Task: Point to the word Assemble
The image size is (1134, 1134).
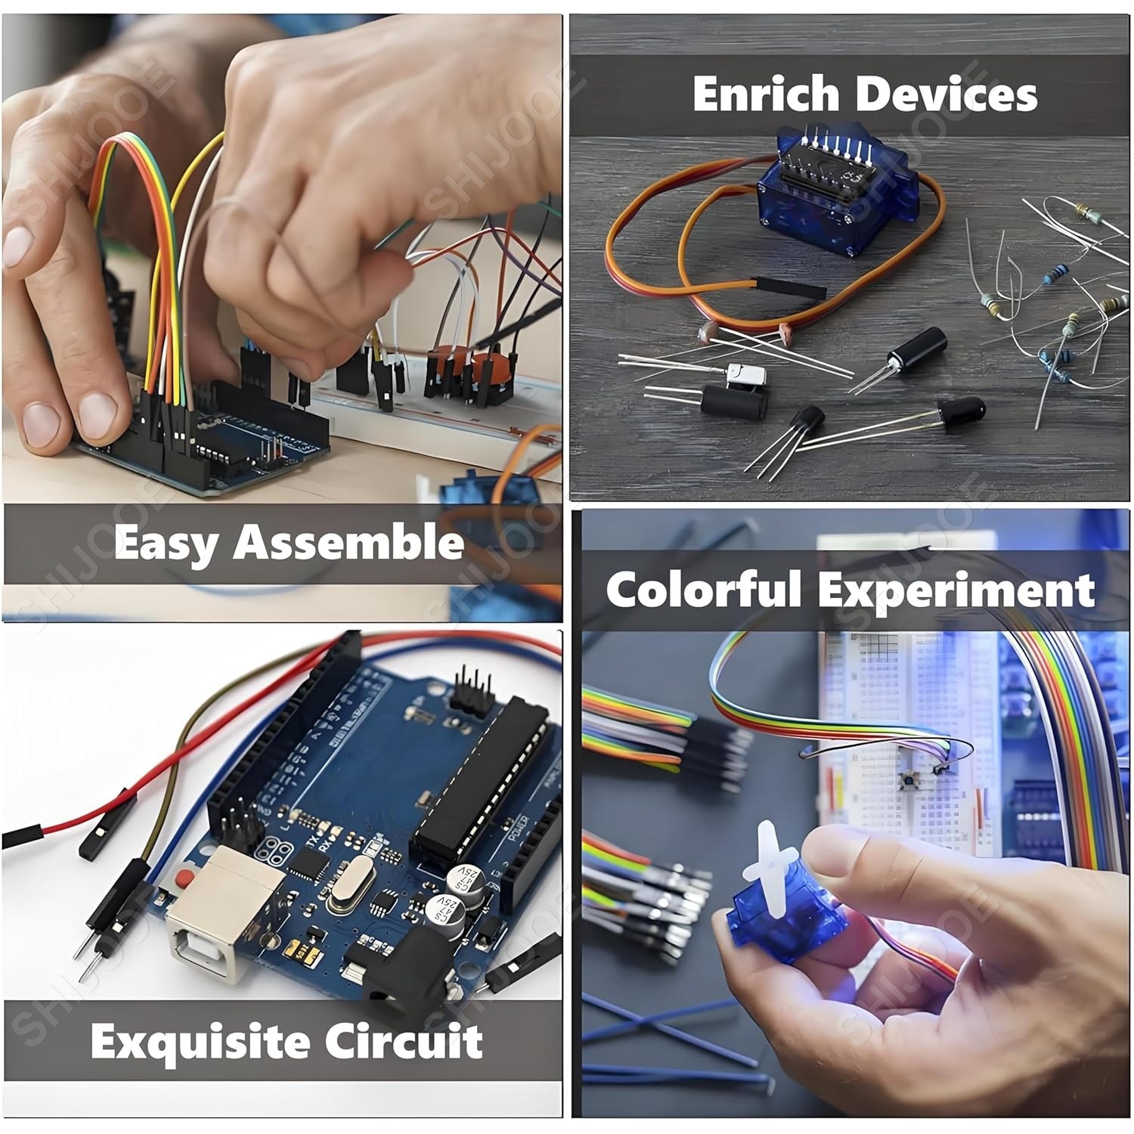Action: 349,543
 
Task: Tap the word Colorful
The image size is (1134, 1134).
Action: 703,590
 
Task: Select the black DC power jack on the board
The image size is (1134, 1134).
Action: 395,981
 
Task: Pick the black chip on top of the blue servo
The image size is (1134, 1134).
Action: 824,163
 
